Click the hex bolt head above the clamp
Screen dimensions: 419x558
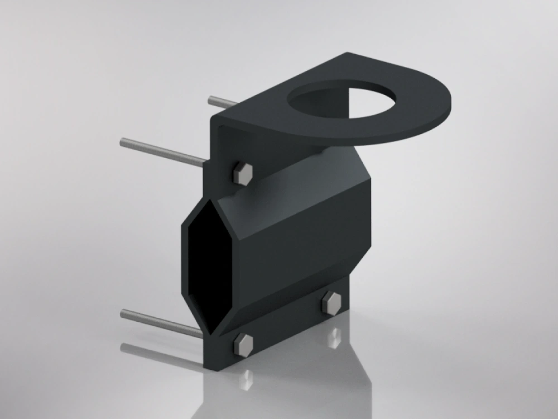[x=242, y=174]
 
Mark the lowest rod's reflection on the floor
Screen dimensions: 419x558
[x=162, y=355]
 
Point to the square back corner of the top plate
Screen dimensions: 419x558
[x=349, y=54]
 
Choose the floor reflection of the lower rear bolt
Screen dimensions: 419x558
[x=335, y=335]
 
